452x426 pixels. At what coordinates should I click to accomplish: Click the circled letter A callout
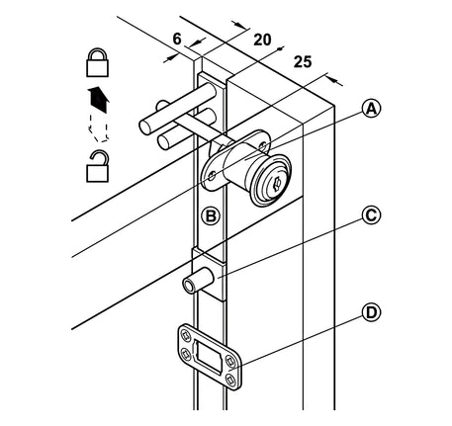371,109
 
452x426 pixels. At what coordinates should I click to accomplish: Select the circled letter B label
211,216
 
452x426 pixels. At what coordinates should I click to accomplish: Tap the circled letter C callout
371,215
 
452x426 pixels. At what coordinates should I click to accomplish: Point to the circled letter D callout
371,312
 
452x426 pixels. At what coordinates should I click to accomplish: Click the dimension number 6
177,39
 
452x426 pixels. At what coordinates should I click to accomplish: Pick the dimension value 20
262,40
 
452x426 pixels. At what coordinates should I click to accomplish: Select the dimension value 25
303,62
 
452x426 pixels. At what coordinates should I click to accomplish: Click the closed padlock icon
97,62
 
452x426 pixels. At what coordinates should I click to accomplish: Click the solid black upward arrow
98,100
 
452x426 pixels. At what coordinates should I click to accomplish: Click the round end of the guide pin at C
189,285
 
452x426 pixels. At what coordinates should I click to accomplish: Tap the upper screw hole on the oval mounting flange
263,145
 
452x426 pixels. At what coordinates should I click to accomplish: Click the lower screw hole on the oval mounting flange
212,177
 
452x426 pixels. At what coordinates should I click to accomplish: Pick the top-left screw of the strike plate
187,335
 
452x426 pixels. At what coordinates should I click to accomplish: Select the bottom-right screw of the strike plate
230,380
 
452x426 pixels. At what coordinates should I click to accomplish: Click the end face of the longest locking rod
146,128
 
